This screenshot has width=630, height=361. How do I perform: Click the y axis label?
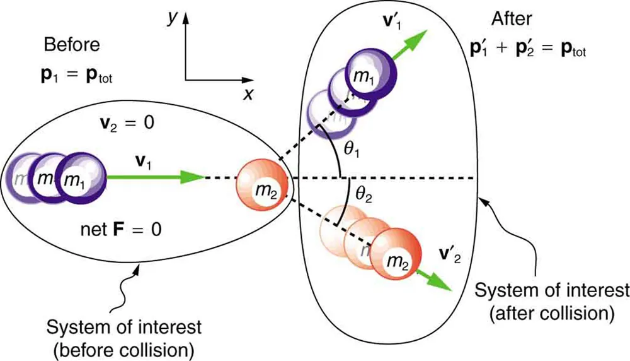[171, 18]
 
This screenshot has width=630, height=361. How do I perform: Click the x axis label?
[249, 94]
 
